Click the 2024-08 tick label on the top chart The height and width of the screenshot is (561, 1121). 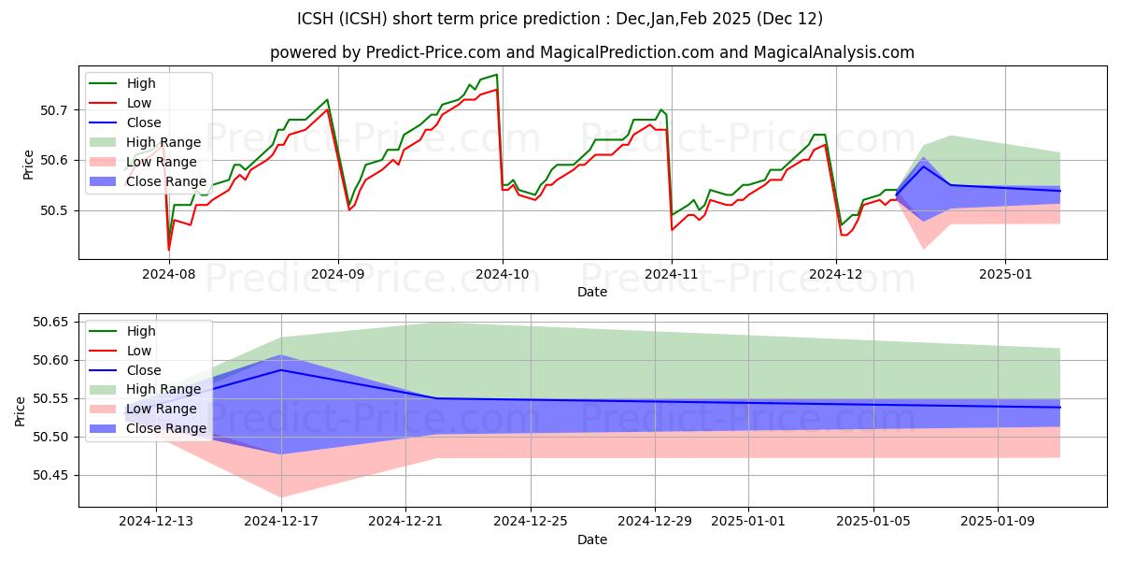click(169, 274)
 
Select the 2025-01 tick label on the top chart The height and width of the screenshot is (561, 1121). click(1005, 274)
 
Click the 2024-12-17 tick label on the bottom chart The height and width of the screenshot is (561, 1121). click(281, 521)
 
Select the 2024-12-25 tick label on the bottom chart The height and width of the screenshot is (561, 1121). click(530, 521)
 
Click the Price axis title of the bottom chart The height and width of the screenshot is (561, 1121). click(21, 410)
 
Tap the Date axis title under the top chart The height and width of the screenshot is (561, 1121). click(591, 293)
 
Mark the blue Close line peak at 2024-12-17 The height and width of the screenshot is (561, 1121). click(281, 370)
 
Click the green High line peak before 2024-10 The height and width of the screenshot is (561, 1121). click(496, 75)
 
